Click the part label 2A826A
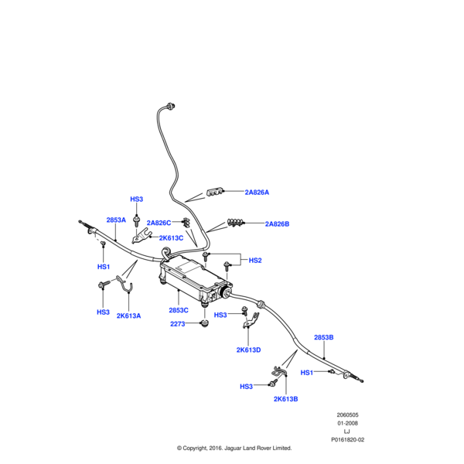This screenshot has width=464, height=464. [x=257, y=192]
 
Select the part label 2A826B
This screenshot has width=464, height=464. [x=276, y=224]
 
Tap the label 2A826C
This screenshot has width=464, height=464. [x=159, y=223]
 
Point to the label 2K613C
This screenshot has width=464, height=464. [x=171, y=238]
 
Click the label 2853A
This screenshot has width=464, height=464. [x=116, y=220]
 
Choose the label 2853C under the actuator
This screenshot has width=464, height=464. [x=179, y=309]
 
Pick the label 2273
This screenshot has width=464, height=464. [x=178, y=324]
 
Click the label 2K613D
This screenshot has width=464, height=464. [x=248, y=350]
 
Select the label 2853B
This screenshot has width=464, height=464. [x=323, y=338]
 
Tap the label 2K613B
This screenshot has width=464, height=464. [x=285, y=399]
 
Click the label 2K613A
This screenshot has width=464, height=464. [x=129, y=316]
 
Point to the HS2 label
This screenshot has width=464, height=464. [x=255, y=261]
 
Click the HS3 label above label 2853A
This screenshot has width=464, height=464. [x=136, y=200]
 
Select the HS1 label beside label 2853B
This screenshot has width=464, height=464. [x=306, y=373]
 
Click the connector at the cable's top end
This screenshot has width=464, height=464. [x=171, y=104]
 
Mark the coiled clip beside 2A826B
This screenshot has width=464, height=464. [x=237, y=223]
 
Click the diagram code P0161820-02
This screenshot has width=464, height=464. [x=347, y=438]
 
